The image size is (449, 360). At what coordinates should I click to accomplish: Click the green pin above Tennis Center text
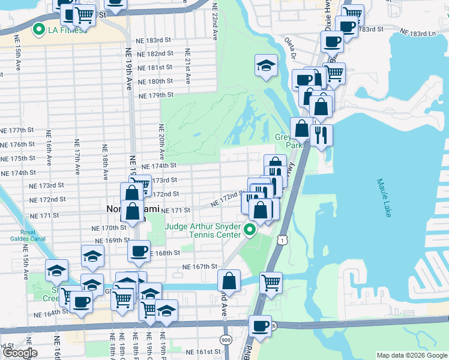250,229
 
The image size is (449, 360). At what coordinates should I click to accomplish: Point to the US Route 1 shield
281,239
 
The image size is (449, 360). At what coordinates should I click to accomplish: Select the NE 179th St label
155,95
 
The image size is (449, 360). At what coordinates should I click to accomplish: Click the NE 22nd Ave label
214,20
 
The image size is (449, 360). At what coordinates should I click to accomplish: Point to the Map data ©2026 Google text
411,355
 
